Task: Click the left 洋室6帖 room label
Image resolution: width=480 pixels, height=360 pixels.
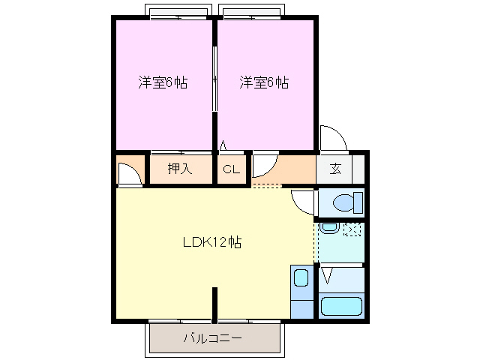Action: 163,82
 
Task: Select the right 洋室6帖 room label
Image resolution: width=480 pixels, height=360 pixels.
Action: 264,82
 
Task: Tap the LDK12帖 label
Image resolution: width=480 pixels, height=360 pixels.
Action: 212,242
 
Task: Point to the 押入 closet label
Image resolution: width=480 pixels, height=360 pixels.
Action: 180,169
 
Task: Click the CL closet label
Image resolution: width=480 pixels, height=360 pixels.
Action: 231,169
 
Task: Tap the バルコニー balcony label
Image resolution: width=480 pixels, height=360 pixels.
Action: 213,338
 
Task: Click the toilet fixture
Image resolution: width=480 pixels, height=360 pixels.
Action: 346,202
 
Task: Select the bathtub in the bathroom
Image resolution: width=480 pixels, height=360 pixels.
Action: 341,306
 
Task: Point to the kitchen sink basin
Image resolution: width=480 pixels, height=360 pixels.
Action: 301,278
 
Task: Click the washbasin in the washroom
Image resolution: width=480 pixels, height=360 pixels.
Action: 328,228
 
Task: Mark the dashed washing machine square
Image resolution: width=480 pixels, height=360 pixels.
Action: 352,229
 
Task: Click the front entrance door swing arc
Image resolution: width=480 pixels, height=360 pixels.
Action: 331,136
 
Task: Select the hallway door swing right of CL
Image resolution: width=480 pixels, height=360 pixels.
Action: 264,163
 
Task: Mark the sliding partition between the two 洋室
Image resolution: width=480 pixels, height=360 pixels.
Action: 215,79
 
